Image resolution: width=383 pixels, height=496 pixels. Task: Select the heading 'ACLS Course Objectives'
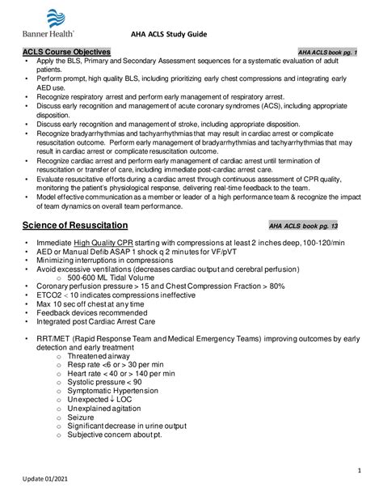click(x=71, y=51)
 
